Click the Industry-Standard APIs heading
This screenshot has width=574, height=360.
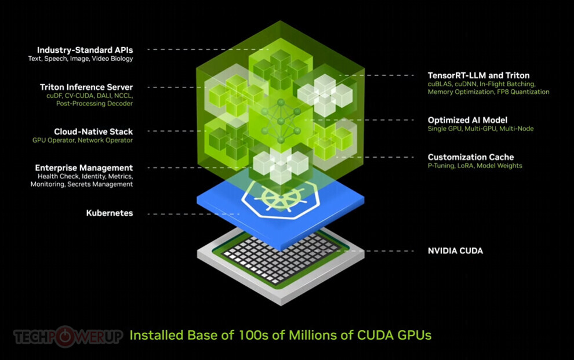[85, 50]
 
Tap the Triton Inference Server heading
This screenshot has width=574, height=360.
[86, 87]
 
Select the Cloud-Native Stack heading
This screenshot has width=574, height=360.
[93, 132]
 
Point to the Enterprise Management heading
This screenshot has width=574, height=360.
[84, 168]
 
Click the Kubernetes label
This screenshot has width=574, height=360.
[110, 213]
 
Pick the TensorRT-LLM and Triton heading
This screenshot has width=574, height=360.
[478, 75]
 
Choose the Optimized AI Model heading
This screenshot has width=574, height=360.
[467, 120]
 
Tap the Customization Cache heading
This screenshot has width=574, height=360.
[471, 157]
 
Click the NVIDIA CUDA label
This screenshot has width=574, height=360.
[455, 250]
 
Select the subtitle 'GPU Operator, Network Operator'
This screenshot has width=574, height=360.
[82, 140]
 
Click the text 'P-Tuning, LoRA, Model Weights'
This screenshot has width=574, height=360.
[475, 166]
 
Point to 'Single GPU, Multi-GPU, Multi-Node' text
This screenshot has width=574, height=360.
[481, 129]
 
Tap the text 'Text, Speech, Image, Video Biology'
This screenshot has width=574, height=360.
[81, 59]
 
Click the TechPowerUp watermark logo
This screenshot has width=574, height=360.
[68, 336]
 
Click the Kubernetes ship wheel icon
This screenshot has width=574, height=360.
[281, 200]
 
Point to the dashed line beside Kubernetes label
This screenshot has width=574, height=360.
[194, 214]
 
